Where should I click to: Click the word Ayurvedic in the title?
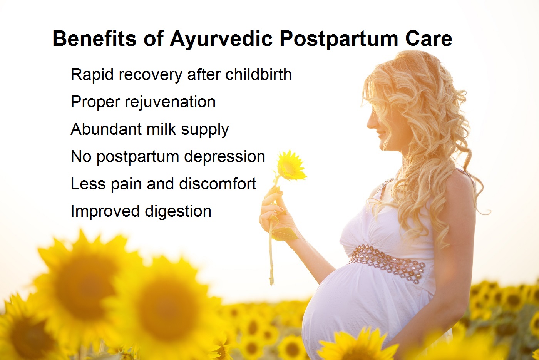pyautogui.click(x=221, y=39)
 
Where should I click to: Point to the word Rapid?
pyautogui.click(x=92, y=75)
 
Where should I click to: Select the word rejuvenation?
pyautogui.click(x=170, y=102)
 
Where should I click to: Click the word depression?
pyautogui.click(x=224, y=157)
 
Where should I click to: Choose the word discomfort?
pyautogui.click(x=218, y=184)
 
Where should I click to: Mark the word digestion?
pyautogui.click(x=178, y=212)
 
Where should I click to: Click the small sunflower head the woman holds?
pyautogui.click(x=290, y=166)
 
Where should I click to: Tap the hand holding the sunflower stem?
pyautogui.click(x=277, y=212)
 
